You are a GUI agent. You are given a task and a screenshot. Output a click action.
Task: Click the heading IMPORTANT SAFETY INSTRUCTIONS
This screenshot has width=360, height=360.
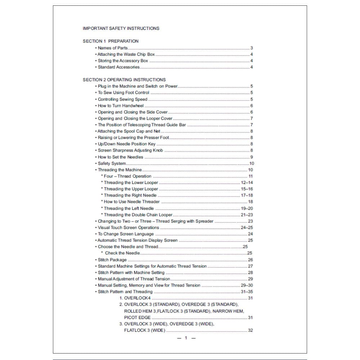click(x=121, y=28)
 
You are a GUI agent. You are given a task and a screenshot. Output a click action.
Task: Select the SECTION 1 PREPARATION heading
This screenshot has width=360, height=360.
click(x=111, y=41)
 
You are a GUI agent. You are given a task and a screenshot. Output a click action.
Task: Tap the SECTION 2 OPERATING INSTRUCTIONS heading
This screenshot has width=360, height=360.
click(x=124, y=80)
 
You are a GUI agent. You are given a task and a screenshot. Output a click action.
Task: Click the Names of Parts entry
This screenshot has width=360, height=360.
click(x=112, y=48)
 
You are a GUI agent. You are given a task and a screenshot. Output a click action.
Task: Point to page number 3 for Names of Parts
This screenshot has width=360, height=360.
click(x=252, y=48)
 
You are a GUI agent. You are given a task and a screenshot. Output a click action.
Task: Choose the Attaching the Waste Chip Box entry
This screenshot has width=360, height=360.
click(x=126, y=54)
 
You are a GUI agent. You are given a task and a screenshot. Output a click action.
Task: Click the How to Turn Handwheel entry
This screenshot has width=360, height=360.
click(x=121, y=105)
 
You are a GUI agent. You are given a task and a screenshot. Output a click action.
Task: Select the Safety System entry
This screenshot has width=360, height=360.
click(x=112, y=163)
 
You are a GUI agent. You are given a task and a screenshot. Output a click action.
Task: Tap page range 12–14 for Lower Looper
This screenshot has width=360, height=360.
click(x=247, y=183)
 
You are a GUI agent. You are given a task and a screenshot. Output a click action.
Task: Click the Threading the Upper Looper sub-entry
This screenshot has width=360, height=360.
click(x=131, y=189)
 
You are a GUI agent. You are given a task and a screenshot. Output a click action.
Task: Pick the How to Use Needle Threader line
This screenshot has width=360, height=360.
click(x=131, y=202)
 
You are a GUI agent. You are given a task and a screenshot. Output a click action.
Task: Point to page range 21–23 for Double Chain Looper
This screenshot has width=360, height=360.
click(x=247, y=215)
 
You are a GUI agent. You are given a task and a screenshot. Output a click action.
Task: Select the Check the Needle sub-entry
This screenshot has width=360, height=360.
click(x=122, y=253)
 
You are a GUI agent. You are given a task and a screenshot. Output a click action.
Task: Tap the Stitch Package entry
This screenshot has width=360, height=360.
click(x=112, y=260)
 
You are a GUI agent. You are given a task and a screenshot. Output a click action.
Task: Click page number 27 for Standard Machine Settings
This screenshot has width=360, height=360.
click(x=250, y=266)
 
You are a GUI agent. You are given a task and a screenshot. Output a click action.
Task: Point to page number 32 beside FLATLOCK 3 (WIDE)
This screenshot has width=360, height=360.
click(x=250, y=330)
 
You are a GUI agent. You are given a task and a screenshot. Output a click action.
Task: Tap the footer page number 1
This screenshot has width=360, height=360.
click(x=186, y=338)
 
